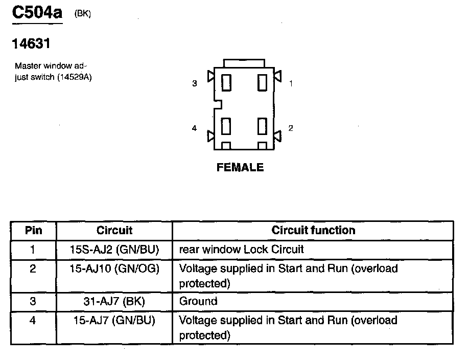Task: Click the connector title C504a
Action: tap(37, 13)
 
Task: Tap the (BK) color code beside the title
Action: tap(82, 14)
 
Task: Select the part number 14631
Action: tap(31, 44)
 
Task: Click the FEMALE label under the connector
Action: tap(240, 167)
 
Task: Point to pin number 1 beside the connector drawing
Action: tap(291, 83)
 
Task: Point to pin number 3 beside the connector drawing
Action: tap(195, 83)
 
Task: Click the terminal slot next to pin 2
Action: tap(263, 126)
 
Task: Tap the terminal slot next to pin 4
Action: tap(225, 126)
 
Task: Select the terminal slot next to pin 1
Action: tap(263, 82)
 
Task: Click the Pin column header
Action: tap(33, 230)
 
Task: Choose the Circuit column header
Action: tap(114, 230)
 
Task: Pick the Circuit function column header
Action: tap(313, 230)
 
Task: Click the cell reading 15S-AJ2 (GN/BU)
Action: tap(114, 250)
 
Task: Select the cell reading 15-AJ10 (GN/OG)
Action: tap(114, 268)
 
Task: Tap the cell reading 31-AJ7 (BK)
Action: tap(114, 301)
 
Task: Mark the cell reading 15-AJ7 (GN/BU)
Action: tap(114, 321)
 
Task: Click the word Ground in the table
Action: tap(198, 301)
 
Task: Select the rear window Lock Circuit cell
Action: tap(241, 250)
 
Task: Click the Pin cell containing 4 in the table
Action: tap(33, 321)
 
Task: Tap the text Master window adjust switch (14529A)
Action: tap(51, 72)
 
